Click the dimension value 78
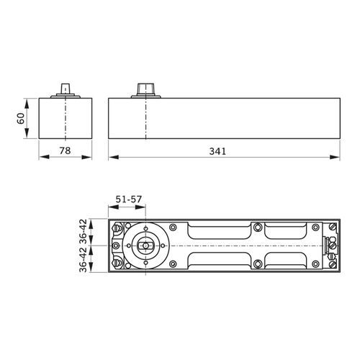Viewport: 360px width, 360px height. coord(65,151)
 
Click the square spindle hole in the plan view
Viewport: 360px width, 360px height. coord(144,246)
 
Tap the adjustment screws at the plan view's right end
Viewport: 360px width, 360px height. coord(332,245)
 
